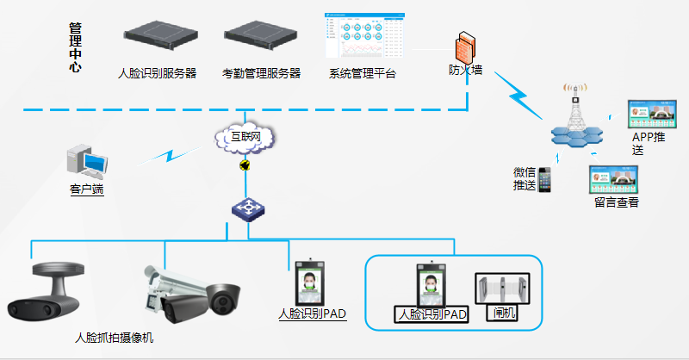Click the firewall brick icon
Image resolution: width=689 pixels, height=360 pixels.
click(466, 45)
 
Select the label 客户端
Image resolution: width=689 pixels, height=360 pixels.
click(86, 189)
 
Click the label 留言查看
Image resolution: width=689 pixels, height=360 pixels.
click(616, 202)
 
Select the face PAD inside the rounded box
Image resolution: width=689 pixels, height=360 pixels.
click(433, 283)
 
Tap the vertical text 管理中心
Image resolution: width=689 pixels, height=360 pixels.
click(76, 47)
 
